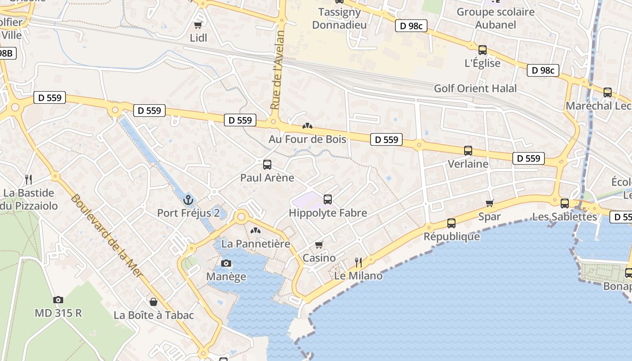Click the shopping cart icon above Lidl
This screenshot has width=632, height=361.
click(198, 25)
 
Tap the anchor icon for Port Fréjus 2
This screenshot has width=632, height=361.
click(188, 199)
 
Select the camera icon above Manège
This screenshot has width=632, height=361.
click(226, 263)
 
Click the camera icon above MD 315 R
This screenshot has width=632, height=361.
click(58, 300)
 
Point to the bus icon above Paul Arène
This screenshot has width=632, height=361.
click(267, 165)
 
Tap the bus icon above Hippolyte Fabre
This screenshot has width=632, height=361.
click(328, 199)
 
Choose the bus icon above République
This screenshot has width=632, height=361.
click(451, 223)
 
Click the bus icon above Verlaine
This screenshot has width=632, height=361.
click(468, 151)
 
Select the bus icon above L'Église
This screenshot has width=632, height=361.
click(483, 50)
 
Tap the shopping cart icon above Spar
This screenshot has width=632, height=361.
click(490, 204)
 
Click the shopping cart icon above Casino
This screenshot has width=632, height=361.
click(319, 245)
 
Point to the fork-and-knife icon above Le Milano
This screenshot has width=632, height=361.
click(358, 262)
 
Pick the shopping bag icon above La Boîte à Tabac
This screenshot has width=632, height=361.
click(153, 302)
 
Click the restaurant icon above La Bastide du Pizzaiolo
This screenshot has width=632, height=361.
click(28, 180)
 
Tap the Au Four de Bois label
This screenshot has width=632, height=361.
click(307, 139)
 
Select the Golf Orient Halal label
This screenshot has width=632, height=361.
click(475, 88)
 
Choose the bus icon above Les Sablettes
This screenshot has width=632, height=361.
click(564, 204)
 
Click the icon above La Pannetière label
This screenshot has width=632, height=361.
click(256, 231)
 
